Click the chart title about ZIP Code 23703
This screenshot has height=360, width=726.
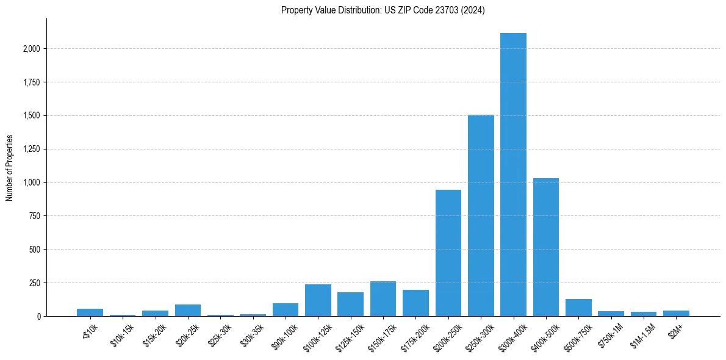click(x=383, y=10)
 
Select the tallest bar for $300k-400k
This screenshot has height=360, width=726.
click(x=513, y=175)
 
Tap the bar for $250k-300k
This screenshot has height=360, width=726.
click(x=481, y=215)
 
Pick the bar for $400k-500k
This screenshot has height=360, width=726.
click(x=546, y=247)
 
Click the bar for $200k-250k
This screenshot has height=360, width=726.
click(x=448, y=253)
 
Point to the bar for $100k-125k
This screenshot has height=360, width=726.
click(x=318, y=300)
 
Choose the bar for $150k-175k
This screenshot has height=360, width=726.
click(x=383, y=299)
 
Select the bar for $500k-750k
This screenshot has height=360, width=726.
click(x=578, y=308)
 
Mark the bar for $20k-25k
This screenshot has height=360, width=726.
click(x=188, y=310)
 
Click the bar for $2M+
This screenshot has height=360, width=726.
click(x=676, y=313)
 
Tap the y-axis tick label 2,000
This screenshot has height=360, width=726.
click(x=31, y=49)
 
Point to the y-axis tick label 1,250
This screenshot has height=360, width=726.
click(x=31, y=149)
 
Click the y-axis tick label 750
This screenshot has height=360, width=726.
click(x=34, y=216)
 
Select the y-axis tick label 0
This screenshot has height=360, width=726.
click(x=38, y=316)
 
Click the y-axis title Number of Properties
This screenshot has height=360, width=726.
click(x=10, y=168)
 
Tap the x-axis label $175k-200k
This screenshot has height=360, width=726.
click(x=415, y=334)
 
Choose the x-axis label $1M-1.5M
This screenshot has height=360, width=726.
click(x=642, y=334)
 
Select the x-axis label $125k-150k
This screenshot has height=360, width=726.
click(x=350, y=334)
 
